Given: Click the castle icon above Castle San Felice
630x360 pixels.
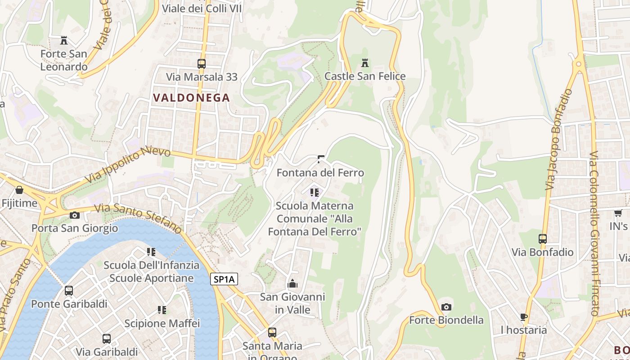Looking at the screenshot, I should point(365,63).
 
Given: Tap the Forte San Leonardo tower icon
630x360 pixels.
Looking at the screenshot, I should point(64,40).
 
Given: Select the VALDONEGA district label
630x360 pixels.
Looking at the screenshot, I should point(191,98).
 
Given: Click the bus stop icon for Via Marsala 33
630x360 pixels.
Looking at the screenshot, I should point(202,64).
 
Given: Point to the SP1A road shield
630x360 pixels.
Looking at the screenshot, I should point(224,279).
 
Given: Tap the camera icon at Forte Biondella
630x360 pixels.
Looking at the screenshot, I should point(446,307).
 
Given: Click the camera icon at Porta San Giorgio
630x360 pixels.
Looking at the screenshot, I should point(75,215).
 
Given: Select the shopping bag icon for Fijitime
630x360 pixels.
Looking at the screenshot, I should point(19,190).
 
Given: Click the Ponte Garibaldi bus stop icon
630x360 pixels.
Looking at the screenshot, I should point(69,291).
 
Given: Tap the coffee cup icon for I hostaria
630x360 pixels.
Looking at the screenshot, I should point(524,317).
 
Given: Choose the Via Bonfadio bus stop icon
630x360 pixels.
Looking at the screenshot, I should point(543,239).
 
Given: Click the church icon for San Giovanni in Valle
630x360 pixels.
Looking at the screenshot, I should point(292,283).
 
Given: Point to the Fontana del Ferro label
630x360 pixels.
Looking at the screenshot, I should point(320,173).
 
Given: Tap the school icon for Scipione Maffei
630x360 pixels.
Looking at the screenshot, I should point(162,310).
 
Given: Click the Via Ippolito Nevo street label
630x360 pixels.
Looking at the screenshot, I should point(128,165).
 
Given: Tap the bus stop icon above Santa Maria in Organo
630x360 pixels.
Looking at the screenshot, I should point(272,333).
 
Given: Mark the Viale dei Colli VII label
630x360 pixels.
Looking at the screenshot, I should point(202,8).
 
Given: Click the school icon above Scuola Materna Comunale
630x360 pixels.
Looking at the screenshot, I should point(315,193).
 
